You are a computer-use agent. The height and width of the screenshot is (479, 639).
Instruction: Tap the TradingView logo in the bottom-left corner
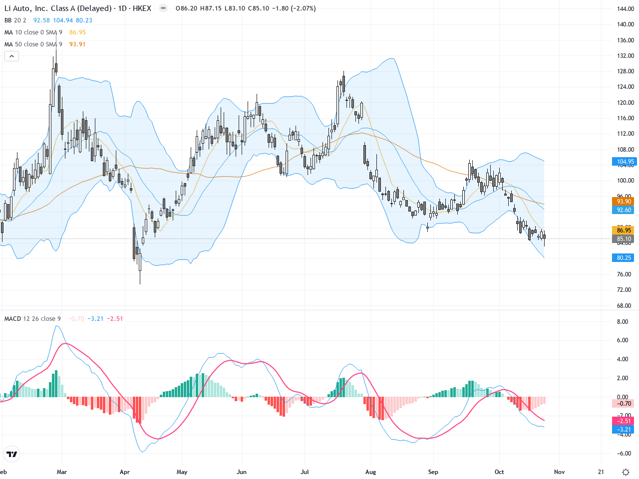11,454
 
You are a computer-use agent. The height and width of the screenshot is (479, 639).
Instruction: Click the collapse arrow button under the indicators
11,56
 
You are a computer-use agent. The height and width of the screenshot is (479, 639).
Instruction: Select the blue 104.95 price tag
625,162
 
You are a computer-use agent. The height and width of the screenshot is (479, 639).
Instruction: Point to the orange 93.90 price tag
624,202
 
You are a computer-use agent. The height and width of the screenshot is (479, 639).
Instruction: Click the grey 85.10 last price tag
624,239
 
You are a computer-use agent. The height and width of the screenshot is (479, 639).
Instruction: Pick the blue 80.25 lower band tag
624,258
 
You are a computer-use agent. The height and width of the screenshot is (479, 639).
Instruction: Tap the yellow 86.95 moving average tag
624,230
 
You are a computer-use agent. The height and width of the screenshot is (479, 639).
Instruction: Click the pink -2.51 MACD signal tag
624,421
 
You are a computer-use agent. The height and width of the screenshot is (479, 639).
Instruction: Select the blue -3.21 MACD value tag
624,429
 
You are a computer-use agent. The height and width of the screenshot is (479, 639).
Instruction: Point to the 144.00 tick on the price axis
625,9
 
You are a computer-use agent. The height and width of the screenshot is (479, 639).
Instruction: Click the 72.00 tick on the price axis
624,290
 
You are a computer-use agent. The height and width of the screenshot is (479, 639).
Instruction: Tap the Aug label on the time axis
370,472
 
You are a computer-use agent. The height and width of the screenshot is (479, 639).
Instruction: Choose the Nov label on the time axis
559,472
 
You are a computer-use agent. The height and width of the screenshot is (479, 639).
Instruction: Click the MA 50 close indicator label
33,44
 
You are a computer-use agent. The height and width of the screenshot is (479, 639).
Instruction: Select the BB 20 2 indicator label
15,20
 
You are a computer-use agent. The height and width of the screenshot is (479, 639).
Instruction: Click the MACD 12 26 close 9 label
32,319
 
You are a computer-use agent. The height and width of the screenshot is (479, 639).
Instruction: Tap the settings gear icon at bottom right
626,472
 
